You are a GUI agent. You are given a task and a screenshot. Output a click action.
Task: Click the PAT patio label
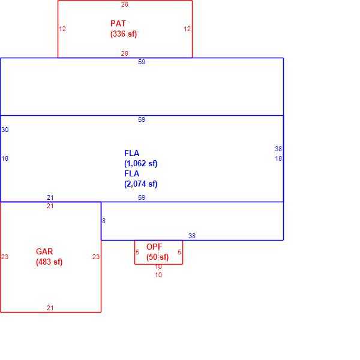click(x=118, y=23)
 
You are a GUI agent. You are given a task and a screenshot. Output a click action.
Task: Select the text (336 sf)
click(x=124, y=34)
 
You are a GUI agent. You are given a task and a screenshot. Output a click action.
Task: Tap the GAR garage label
click(x=44, y=251)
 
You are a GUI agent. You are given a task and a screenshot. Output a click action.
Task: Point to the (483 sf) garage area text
click(x=49, y=262)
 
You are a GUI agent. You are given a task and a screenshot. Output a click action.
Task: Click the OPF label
click(x=154, y=247)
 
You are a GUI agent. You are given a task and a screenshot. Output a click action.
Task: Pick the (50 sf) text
click(x=157, y=257)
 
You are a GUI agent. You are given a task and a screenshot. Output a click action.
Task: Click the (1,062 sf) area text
click(x=141, y=163)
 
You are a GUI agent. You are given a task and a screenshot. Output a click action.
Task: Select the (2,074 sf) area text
click(x=141, y=184)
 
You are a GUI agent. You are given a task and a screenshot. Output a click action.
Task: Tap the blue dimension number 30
click(x=5, y=130)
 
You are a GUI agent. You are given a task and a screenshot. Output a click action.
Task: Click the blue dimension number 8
click(x=104, y=221)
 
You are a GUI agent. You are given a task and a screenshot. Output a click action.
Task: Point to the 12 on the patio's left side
click(x=62, y=29)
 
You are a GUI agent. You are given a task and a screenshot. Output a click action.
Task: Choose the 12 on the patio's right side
click(x=187, y=29)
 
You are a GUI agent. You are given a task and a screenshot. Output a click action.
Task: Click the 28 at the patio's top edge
click(x=125, y=4)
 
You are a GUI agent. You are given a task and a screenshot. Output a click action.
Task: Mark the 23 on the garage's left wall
click(x=5, y=257)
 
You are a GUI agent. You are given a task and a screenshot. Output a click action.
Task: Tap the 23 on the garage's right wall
click(x=96, y=257)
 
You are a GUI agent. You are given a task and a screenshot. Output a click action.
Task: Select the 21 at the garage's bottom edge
click(x=50, y=308)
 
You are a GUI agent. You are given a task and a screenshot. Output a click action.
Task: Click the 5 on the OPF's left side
click(x=137, y=252)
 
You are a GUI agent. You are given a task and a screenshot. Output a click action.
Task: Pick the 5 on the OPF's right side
click(x=179, y=252)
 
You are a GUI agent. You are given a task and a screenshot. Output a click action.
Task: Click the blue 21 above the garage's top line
click(x=50, y=197)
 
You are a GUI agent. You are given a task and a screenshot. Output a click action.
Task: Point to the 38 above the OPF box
click(x=192, y=236)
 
